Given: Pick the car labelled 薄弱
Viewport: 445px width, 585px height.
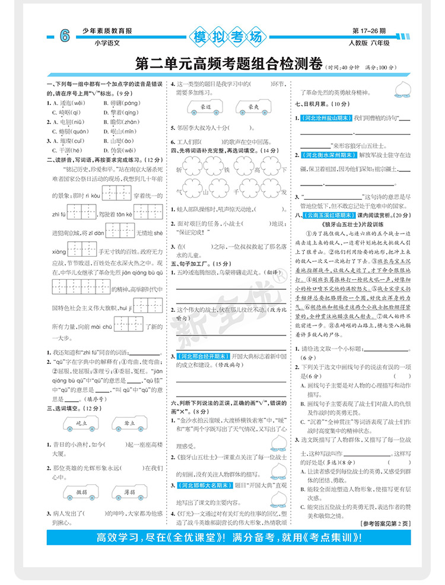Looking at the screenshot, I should click(x=131, y=493).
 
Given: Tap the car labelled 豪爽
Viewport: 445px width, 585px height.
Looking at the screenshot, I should click(x=254, y=107).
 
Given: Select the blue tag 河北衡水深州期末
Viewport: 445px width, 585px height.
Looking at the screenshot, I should click(x=328, y=155).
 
